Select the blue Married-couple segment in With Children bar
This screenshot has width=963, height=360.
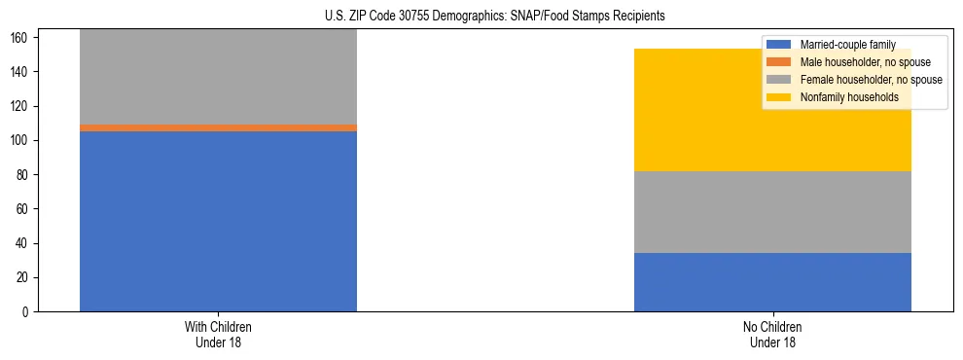[218, 221]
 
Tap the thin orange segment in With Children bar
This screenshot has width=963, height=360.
[218, 127]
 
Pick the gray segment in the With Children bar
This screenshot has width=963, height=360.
[218, 77]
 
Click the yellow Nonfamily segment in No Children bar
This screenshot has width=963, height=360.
[772, 110]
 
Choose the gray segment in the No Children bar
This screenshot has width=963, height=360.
[772, 212]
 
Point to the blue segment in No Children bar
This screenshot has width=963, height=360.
[772, 282]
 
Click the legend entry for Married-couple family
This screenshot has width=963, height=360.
[846, 45]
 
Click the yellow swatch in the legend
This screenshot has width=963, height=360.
[779, 97]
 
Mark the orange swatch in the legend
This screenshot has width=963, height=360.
[779, 62]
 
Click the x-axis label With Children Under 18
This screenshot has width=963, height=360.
[218, 334]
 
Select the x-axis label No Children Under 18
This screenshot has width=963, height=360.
[772, 334]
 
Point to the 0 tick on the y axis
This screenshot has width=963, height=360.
[29, 312]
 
